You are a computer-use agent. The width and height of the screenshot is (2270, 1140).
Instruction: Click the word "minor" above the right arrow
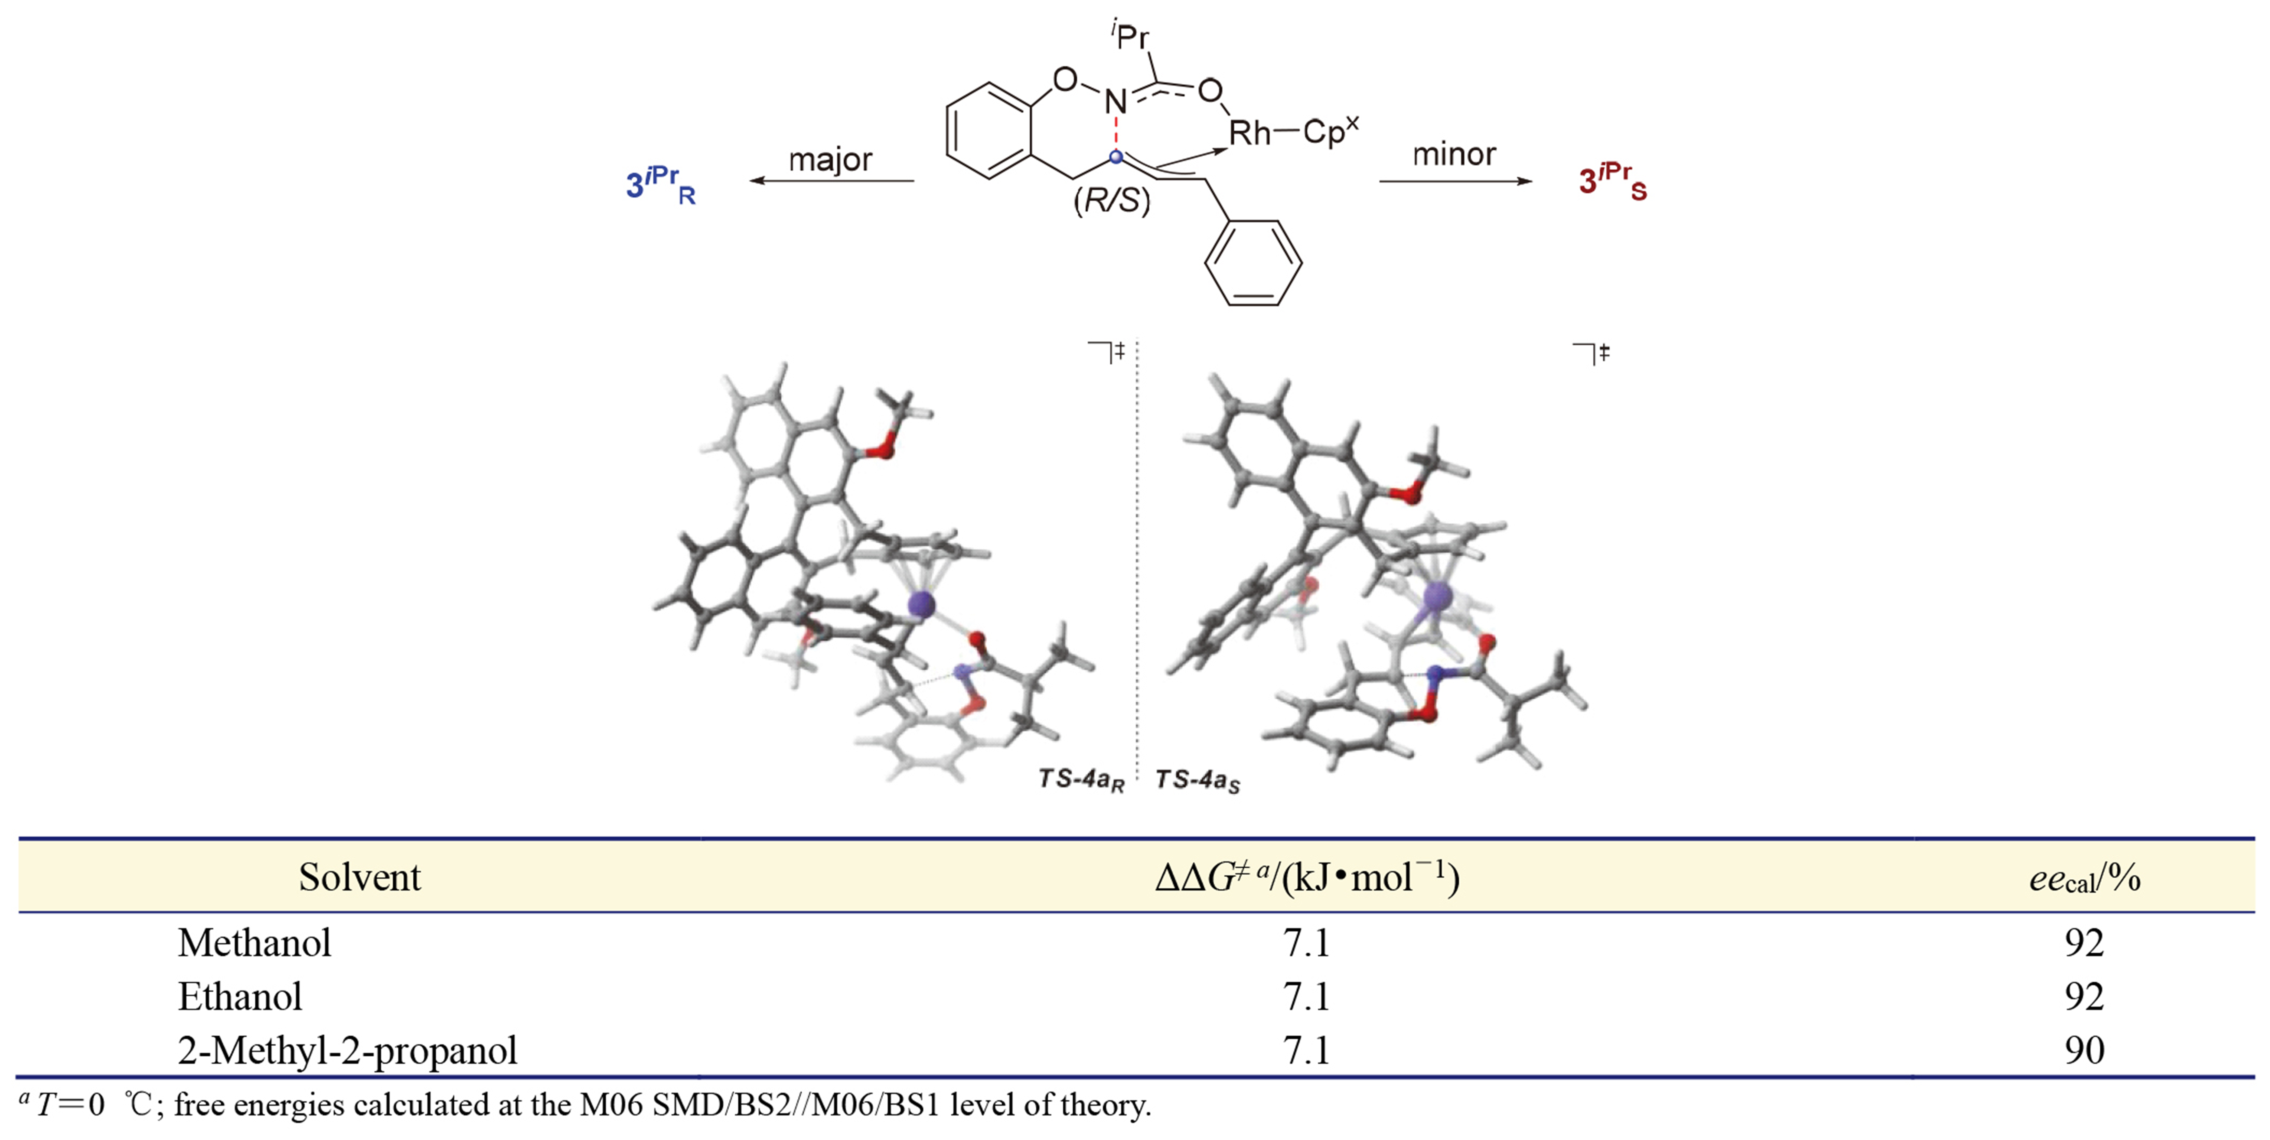point(1454,155)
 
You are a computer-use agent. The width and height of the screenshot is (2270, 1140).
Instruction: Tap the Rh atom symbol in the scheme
point(1249,133)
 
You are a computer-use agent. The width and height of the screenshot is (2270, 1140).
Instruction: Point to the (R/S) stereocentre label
point(1111,201)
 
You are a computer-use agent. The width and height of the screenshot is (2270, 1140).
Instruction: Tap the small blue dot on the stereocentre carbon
point(1116,157)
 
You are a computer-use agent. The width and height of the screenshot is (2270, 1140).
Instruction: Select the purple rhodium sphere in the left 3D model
point(922,604)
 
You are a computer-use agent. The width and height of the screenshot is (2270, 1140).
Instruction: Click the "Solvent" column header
point(360,877)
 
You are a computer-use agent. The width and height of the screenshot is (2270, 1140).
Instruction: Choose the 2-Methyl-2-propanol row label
point(347,1050)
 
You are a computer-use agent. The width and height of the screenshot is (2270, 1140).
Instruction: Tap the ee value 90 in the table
point(2084,1050)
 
